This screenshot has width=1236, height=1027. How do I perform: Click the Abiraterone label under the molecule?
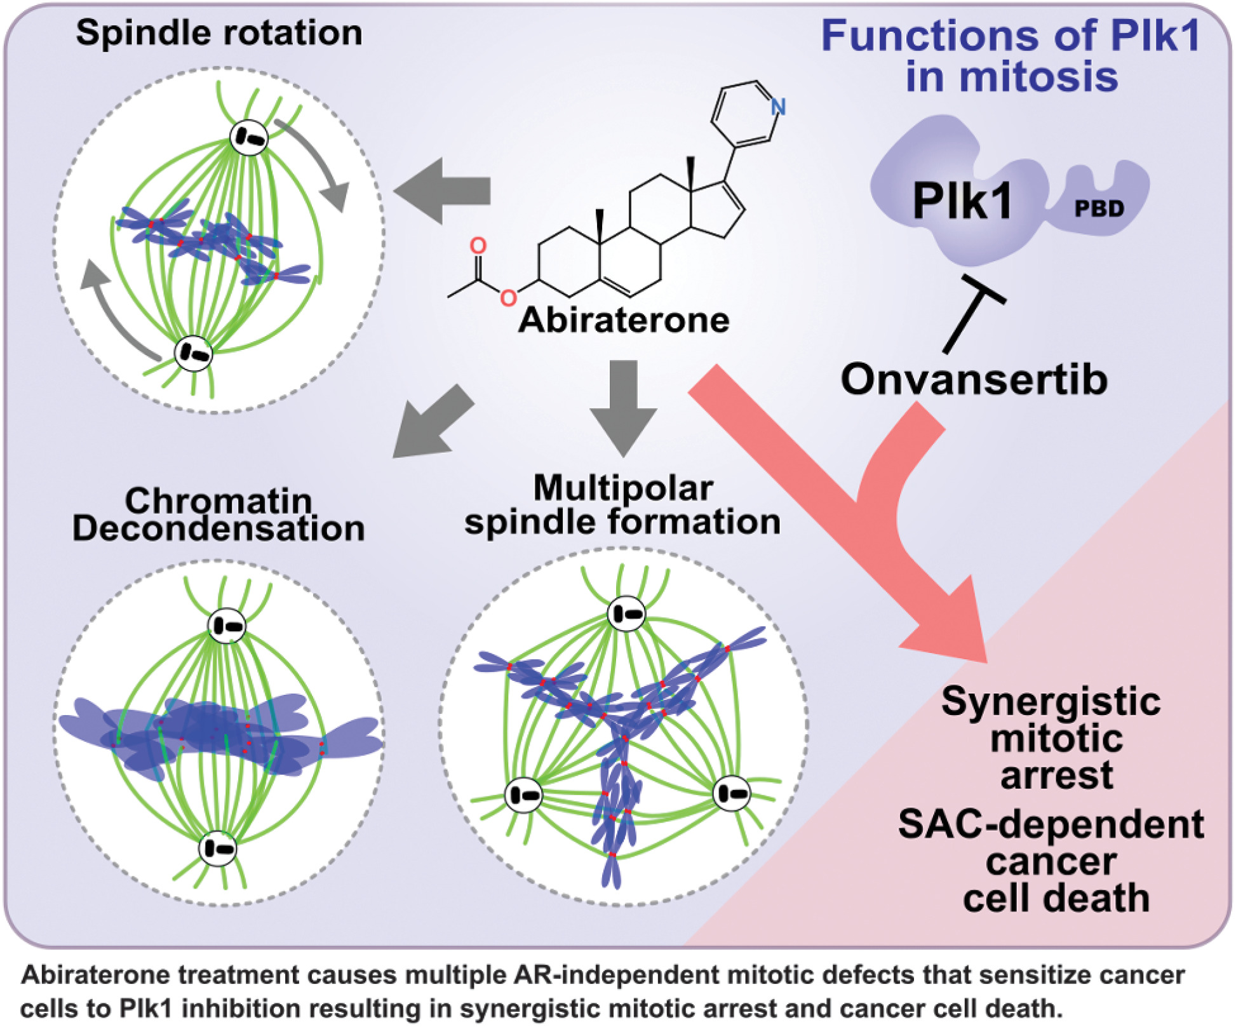click(x=624, y=320)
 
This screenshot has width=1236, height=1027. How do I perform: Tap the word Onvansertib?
click(x=974, y=380)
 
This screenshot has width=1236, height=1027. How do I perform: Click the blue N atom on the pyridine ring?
click(x=777, y=107)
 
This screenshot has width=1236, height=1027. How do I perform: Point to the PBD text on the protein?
click(x=1099, y=208)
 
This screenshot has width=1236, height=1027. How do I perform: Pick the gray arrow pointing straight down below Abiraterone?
click(x=623, y=406)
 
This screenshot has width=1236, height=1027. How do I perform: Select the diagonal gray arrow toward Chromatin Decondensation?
click(x=432, y=422)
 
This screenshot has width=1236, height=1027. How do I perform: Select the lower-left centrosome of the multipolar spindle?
click(x=524, y=795)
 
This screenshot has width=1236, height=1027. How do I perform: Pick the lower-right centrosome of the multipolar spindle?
click(x=732, y=793)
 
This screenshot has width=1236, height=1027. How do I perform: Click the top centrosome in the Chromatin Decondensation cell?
click(x=227, y=626)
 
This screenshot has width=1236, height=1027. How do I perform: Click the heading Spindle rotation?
click(x=219, y=33)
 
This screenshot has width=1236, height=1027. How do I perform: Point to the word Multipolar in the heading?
click(x=623, y=488)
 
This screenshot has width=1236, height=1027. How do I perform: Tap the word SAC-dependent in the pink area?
click(x=1051, y=824)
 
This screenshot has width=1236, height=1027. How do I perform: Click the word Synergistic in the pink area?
click(x=1051, y=702)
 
